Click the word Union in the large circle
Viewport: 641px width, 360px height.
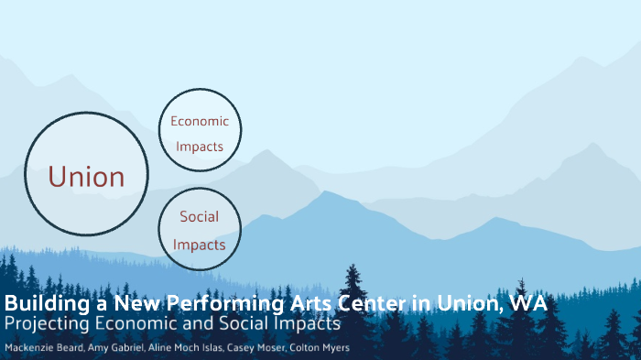coord(86,176)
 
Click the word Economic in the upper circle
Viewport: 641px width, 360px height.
coord(200,122)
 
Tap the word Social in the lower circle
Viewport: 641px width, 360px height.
coord(199,217)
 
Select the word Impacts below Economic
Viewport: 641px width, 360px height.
coord(200,147)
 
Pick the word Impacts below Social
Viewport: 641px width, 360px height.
coord(199,245)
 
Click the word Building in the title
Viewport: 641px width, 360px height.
coord(40,304)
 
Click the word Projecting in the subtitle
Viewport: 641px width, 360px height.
coord(47,324)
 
